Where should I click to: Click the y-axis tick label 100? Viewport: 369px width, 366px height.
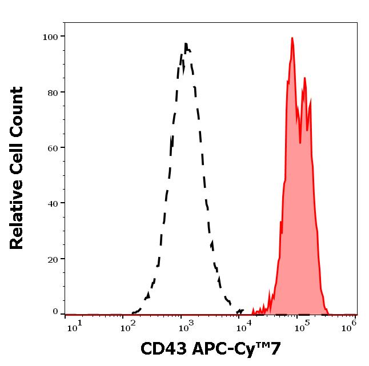pos(50,37)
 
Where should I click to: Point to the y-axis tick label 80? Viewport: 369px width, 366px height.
pos(52,92)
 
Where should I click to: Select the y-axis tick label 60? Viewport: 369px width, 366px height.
pos(52,148)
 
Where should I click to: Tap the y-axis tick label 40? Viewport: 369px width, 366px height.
pos(52,203)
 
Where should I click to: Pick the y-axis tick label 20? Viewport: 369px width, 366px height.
pos(52,259)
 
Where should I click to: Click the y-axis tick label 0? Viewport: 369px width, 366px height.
pos(55,312)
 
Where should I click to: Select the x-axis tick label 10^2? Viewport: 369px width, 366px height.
pos(126,325)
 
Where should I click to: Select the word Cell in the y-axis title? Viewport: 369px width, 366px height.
pos(17,158)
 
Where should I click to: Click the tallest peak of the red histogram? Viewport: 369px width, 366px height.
pos(292,38)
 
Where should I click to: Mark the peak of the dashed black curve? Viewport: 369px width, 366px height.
pos(186,44)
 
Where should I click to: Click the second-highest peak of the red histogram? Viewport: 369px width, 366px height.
pos(305,75)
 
